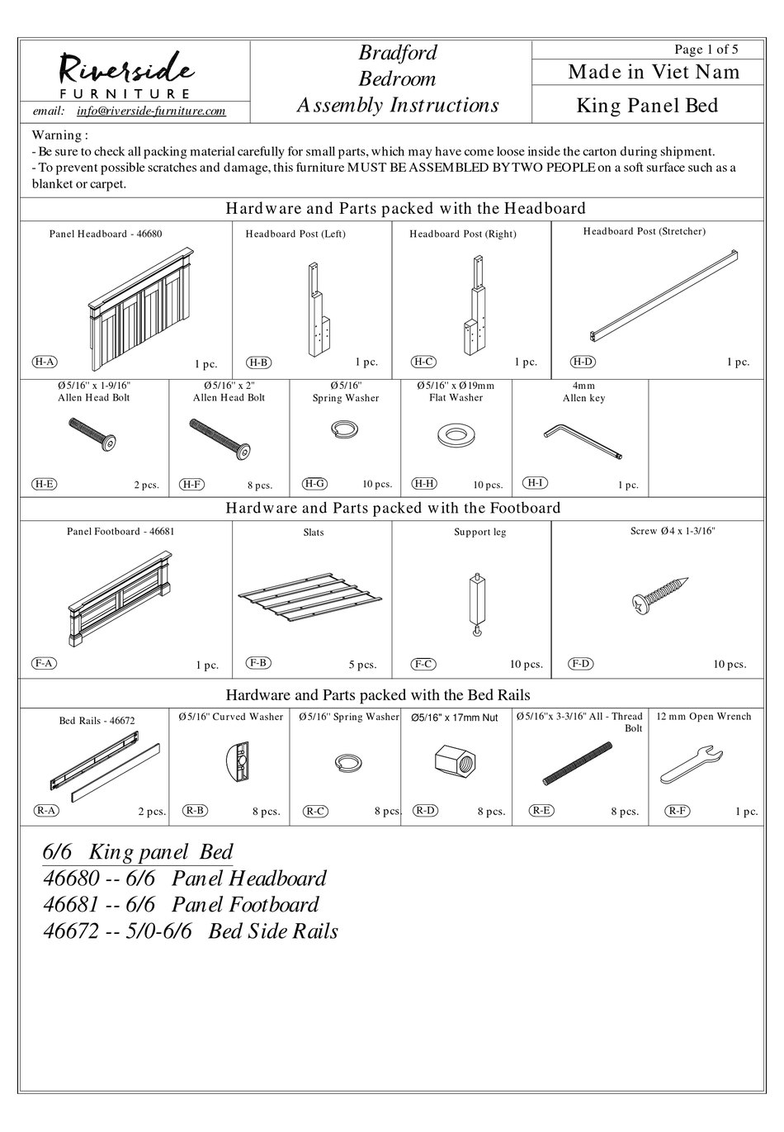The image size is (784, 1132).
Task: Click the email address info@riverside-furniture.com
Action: click(150, 111)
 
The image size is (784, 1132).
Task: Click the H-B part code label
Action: click(259, 362)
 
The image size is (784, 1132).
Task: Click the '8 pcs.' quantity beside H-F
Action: click(259, 485)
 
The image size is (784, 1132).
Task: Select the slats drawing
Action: click(311, 595)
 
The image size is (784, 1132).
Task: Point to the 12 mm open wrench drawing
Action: click(692, 765)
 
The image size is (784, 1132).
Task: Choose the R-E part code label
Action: click(541, 811)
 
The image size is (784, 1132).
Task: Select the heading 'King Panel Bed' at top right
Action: click(647, 106)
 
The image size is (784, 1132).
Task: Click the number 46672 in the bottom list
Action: click(70, 931)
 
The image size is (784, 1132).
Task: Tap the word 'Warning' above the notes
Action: click(57, 135)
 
